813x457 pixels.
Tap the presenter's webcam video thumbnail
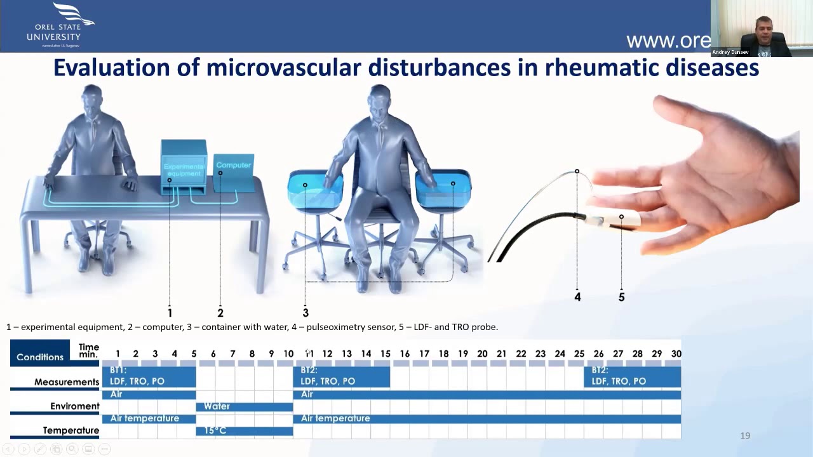762,29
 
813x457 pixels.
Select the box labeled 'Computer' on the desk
234,172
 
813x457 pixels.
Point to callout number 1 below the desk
170,312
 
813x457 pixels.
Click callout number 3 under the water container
306,312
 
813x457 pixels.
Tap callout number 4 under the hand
577,296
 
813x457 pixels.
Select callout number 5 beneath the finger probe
621,296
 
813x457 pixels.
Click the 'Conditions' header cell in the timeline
40,357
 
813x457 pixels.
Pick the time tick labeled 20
482,354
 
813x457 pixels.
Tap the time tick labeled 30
676,354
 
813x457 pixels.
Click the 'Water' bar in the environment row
245,406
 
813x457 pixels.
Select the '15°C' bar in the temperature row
245,431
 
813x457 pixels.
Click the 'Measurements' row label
67,382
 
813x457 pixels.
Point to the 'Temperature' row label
71,430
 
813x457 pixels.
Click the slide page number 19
745,435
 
